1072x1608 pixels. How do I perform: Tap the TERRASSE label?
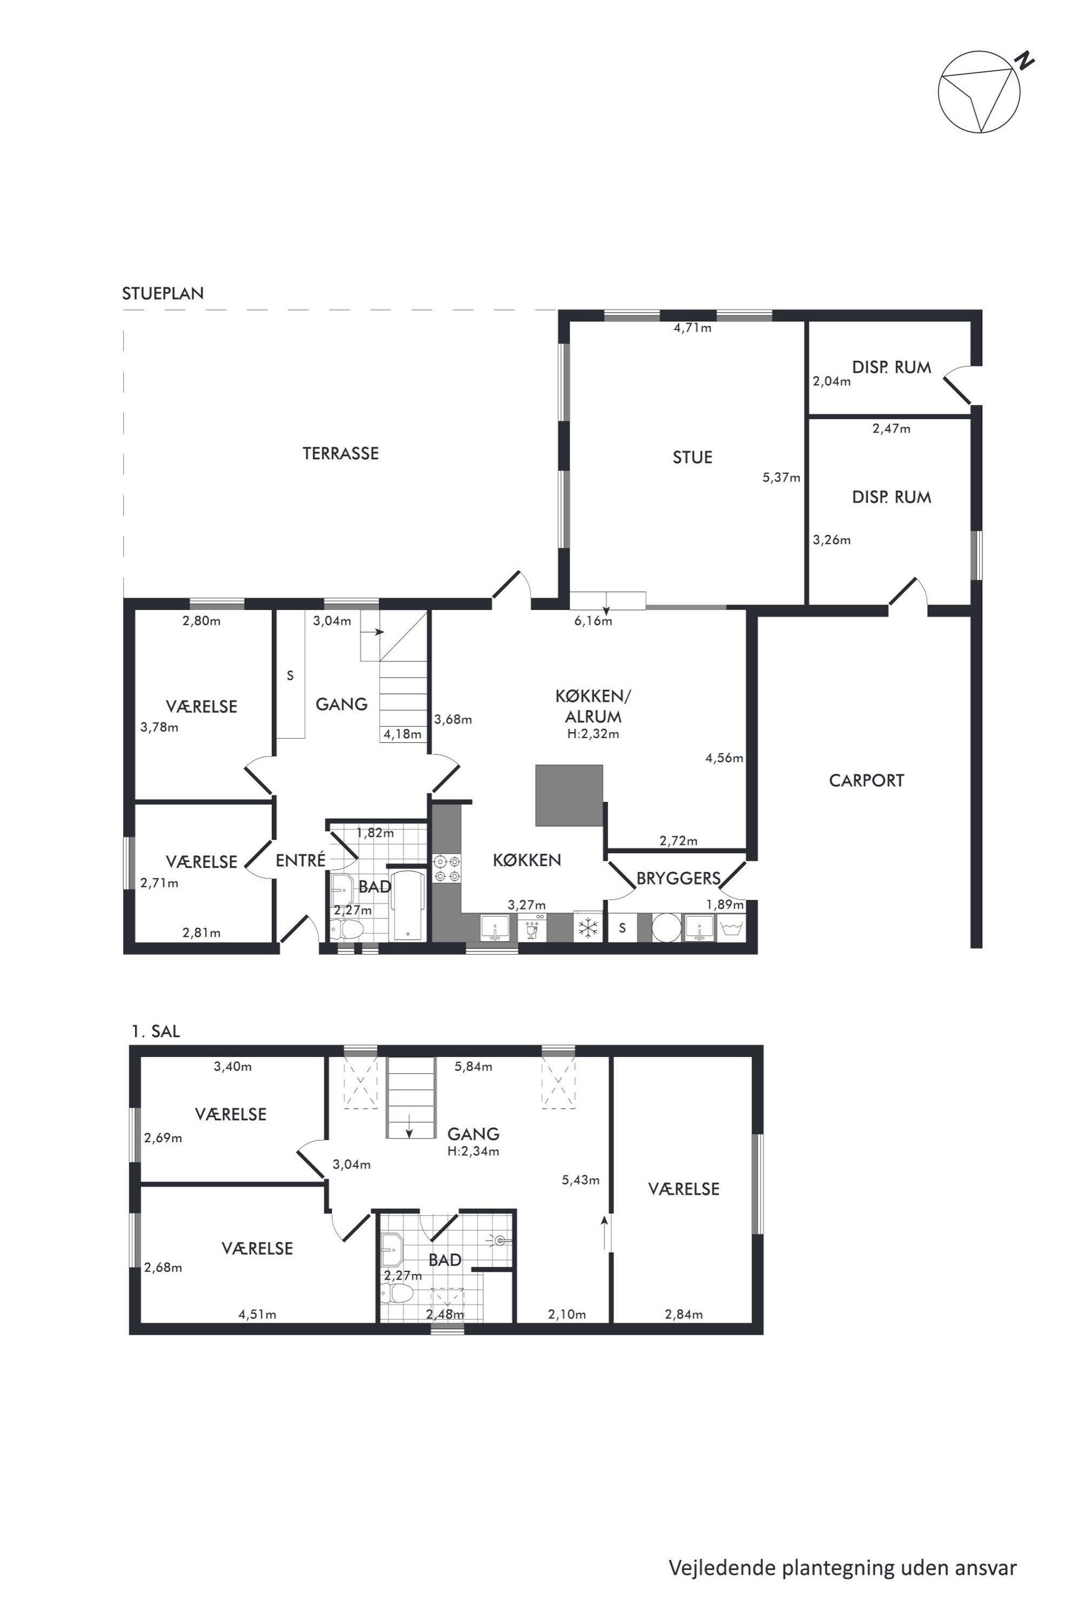point(340,453)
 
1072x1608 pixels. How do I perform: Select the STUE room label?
point(693,457)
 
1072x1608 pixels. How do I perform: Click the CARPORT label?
point(866,781)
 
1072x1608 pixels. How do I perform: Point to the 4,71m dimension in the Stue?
point(693,328)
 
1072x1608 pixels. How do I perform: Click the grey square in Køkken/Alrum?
point(569,795)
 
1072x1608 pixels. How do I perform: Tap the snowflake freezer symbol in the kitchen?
point(588,928)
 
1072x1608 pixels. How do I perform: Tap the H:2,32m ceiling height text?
point(593,734)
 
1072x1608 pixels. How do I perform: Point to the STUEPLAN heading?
point(163,293)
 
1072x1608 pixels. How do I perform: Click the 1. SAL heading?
point(155,1031)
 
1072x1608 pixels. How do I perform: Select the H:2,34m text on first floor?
point(473,1151)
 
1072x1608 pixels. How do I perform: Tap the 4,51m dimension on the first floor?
point(257,1314)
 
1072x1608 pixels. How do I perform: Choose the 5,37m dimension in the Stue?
point(781,478)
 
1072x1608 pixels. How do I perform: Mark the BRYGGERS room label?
point(678,879)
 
